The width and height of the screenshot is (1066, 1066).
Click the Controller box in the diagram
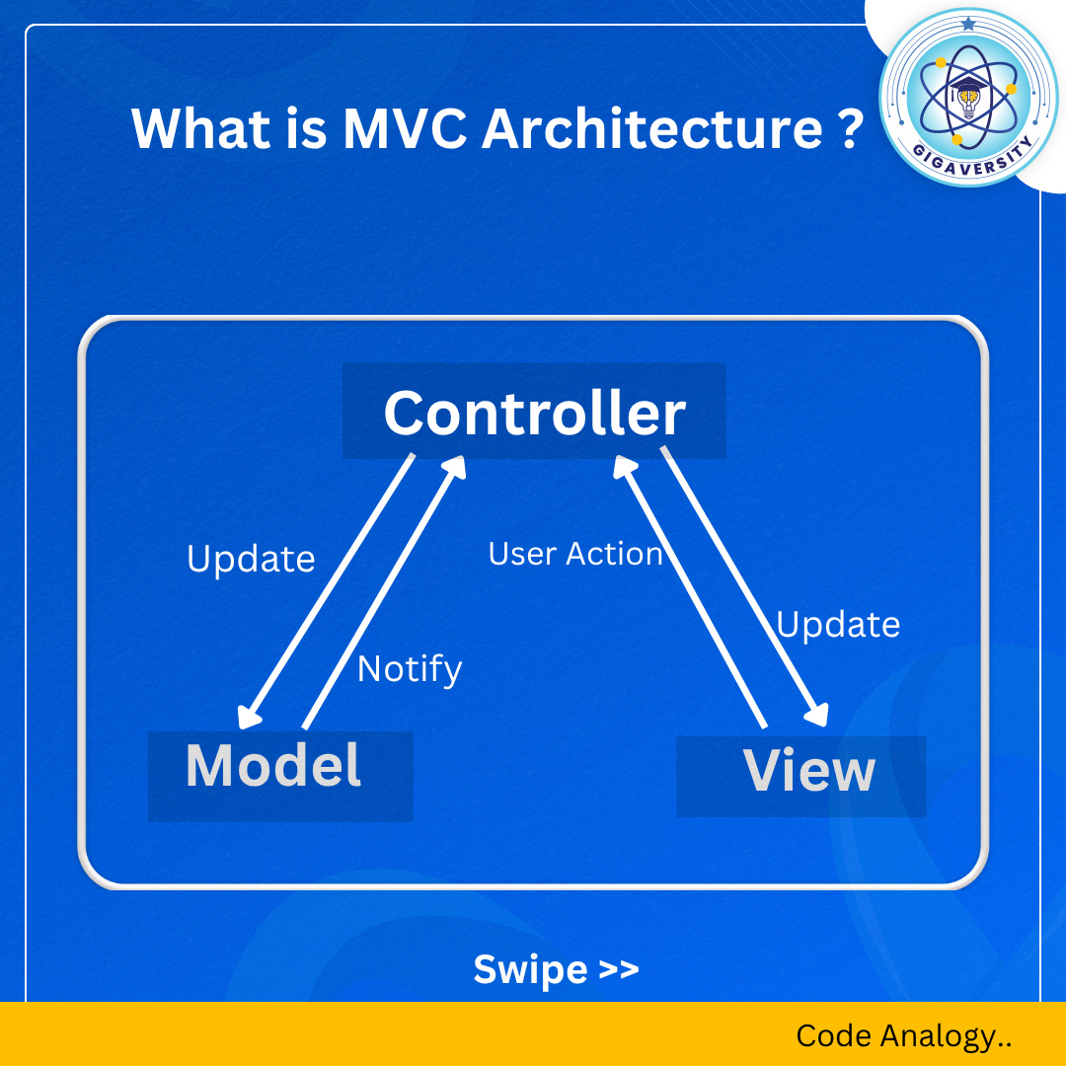[534, 412]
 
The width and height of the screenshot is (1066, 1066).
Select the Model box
[274, 766]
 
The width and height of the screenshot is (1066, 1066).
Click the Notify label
[410, 669]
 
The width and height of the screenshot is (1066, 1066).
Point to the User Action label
[575, 554]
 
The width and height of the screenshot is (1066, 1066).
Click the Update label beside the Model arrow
[251, 559]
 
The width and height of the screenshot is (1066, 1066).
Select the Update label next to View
[838, 625]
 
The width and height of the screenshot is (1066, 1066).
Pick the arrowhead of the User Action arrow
[625, 466]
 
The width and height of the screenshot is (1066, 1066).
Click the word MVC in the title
[406, 128]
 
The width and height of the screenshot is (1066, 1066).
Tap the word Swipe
[530, 969]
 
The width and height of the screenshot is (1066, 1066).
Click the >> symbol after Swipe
[619, 969]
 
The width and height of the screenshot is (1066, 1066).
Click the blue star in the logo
[967, 23]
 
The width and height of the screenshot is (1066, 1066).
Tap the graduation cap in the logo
[967, 87]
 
